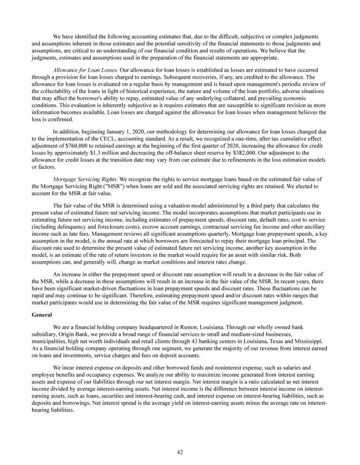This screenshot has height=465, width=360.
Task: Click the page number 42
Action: [180, 452]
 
